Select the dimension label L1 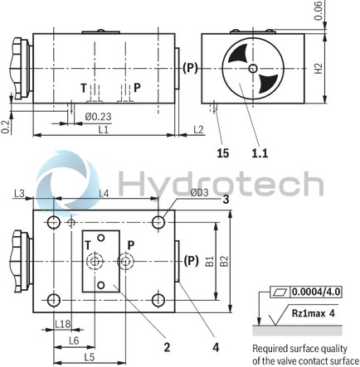point(102,129)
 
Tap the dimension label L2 point(197,129)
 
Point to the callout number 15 point(222,152)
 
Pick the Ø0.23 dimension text point(98,117)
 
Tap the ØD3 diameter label point(199,194)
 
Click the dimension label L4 point(103,194)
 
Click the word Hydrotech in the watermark point(219,184)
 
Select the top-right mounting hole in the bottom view point(158,222)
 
